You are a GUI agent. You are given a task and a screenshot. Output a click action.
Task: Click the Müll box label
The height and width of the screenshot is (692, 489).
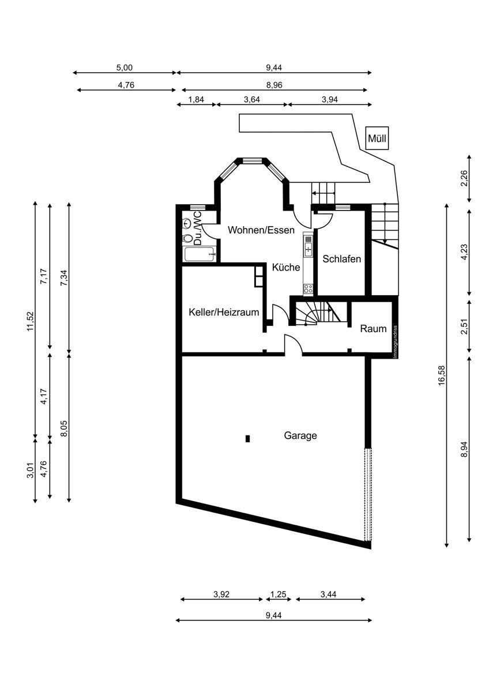377,138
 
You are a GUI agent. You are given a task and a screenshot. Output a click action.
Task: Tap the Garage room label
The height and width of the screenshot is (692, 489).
300,436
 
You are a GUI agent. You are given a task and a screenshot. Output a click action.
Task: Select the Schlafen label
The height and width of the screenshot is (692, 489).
341,259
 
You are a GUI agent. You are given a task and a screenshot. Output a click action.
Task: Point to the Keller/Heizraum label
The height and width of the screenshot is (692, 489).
224,313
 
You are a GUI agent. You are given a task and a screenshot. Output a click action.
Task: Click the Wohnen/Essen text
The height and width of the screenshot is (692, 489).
261,230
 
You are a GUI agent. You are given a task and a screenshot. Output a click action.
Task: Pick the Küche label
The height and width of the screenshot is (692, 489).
286,267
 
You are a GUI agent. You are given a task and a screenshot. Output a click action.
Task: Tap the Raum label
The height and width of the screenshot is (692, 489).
373,328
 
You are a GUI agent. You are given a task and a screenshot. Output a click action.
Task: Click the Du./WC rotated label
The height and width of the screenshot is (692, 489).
197,228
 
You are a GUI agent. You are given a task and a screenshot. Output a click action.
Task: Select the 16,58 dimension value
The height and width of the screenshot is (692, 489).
441,375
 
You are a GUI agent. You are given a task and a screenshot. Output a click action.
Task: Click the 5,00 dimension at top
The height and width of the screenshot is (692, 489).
124,67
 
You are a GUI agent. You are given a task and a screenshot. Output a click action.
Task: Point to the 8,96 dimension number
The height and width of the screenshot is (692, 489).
274,85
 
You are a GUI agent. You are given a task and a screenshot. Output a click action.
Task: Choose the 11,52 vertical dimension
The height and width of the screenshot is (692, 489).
30,321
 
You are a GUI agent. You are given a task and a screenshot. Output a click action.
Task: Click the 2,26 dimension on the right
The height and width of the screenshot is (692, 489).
464,178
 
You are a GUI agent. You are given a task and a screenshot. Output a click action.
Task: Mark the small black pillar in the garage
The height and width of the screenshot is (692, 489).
247,439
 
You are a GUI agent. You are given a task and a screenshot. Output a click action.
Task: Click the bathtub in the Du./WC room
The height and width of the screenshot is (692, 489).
200,254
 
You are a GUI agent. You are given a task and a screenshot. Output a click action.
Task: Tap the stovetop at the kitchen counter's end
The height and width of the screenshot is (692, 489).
309,288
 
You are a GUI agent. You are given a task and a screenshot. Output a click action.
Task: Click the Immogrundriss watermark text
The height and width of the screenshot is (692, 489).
395,342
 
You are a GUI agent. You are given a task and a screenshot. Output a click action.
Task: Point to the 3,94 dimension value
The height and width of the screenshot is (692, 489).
330,99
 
